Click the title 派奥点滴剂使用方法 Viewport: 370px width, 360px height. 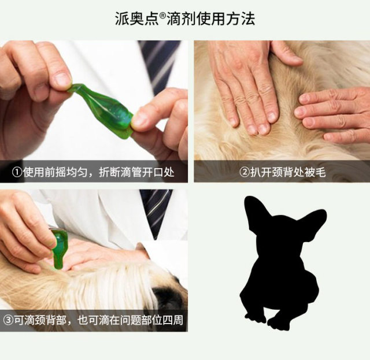tap(185, 18)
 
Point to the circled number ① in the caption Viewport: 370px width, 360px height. tap(18, 172)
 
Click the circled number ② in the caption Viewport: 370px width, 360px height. tap(246, 172)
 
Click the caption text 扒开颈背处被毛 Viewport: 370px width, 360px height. tap(287, 172)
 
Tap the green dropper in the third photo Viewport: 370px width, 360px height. tap(59, 248)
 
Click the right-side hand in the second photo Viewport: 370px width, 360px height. tap(332, 113)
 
